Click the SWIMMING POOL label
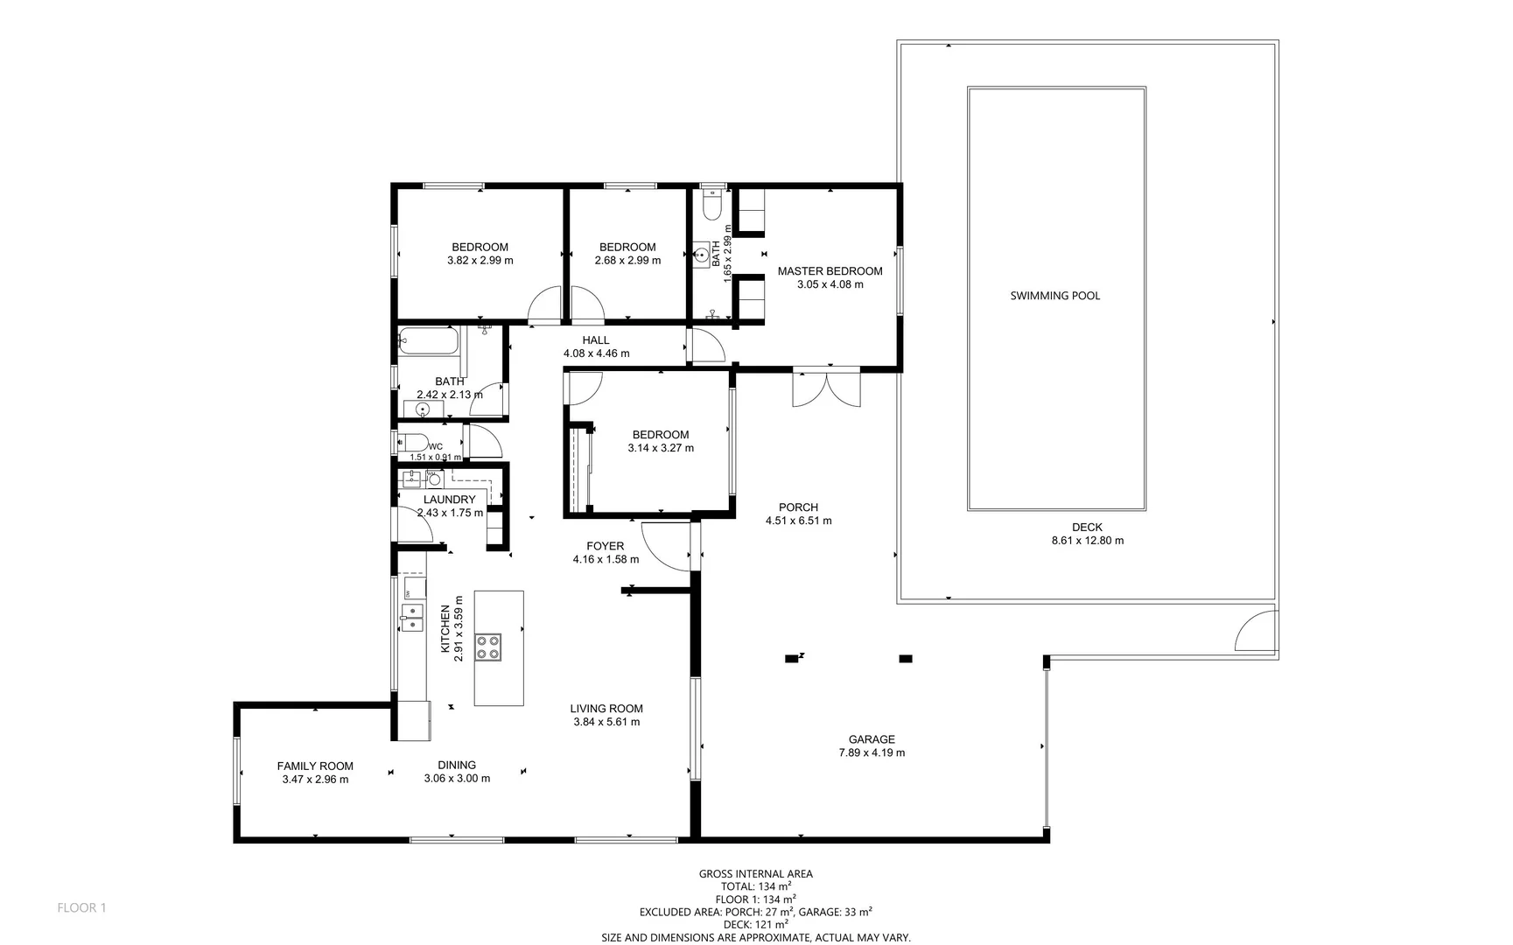[1054, 296]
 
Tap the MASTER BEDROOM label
[830, 271]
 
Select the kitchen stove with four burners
[488, 647]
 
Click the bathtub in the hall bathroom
[428, 341]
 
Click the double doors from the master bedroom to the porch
[826, 389]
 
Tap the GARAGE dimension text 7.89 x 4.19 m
[872, 752]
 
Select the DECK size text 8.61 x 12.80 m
[1087, 541]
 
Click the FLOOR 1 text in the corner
[81, 907]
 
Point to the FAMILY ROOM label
[315, 766]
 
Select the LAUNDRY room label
[449, 500]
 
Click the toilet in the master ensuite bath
[712, 206]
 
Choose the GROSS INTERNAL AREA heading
[755, 873]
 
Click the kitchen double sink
[411, 617]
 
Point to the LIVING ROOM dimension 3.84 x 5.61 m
[606, 722]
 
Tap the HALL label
[595, 340]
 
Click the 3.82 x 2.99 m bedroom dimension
[480, 260]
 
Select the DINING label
[457, 765]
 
